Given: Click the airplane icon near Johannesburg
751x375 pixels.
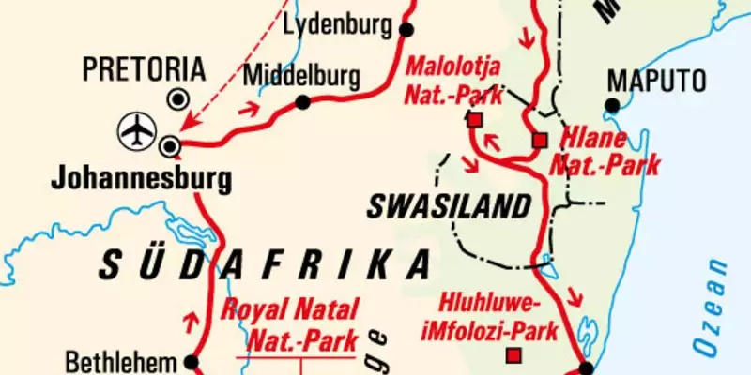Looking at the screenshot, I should pyautogui.click(x=138, y=130).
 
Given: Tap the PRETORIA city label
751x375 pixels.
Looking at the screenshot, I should pyautogui.click(x=143, y=69).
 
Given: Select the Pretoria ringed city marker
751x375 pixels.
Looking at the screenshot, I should pyautogui.click(x=176, y=99).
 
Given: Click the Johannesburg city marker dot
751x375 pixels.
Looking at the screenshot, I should pyautogui.click(x=170, y=145).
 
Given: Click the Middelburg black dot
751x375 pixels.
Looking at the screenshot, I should pyautogui.click(x=302, y=102).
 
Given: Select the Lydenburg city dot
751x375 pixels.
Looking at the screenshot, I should pyautogui.click(x=406, y=30).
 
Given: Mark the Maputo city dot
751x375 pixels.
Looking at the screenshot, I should pyautogui.click(x=613, y=104).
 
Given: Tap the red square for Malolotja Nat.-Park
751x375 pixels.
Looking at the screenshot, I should pyautogui.click(x=474, y=119).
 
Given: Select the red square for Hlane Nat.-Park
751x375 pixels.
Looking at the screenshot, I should pyautogui.click(x=539, y=141).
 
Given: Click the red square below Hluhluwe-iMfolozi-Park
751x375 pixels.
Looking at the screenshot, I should pyautogui.click(x=513, y=355).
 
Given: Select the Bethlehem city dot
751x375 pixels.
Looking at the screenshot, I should pyautogui.click(x=192, y=361).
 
